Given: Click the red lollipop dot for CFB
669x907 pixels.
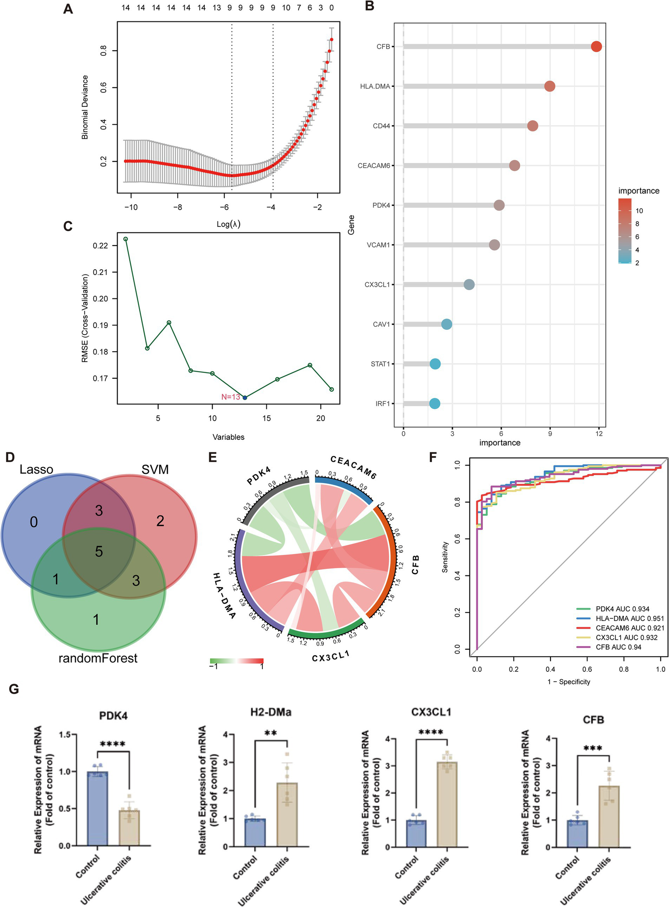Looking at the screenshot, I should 596,47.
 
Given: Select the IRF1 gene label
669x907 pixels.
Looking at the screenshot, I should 382,404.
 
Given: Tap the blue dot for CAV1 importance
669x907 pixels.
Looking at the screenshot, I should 446,324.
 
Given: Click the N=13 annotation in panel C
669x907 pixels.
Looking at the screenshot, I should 231,397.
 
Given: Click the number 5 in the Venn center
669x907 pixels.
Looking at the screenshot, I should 99,551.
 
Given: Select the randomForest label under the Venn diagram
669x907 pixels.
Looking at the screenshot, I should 98,658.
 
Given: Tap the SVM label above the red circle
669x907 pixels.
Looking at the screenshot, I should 155,469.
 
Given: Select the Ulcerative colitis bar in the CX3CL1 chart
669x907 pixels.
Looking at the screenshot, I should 447,804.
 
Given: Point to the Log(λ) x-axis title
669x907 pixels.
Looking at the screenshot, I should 228,224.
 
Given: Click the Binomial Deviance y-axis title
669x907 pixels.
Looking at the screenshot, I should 85,107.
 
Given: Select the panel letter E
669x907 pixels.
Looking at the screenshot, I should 213,457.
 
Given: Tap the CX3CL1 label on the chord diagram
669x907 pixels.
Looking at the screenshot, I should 331,656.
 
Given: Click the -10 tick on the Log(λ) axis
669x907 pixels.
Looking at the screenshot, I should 131,207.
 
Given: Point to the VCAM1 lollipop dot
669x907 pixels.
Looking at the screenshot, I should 494,245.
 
